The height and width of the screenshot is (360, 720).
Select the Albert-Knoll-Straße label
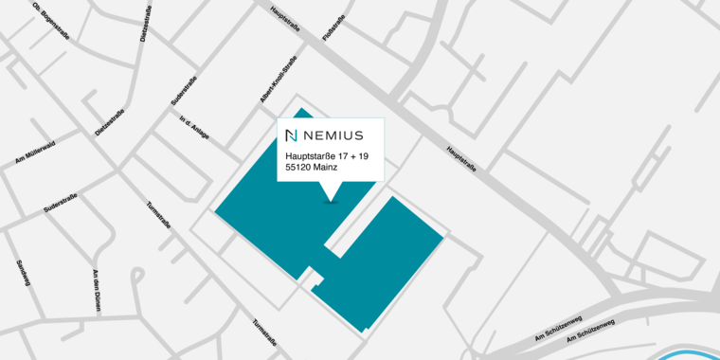pos(278,79)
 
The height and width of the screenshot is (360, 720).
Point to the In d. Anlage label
pos(194,129)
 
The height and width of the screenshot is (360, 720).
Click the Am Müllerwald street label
pos(35,153)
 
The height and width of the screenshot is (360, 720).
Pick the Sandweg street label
pos(23,271)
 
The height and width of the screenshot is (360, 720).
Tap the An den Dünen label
pos(96,291)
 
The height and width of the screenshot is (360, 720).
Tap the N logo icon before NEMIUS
pos(292,135)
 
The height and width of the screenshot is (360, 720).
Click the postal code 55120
pos(298,168)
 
